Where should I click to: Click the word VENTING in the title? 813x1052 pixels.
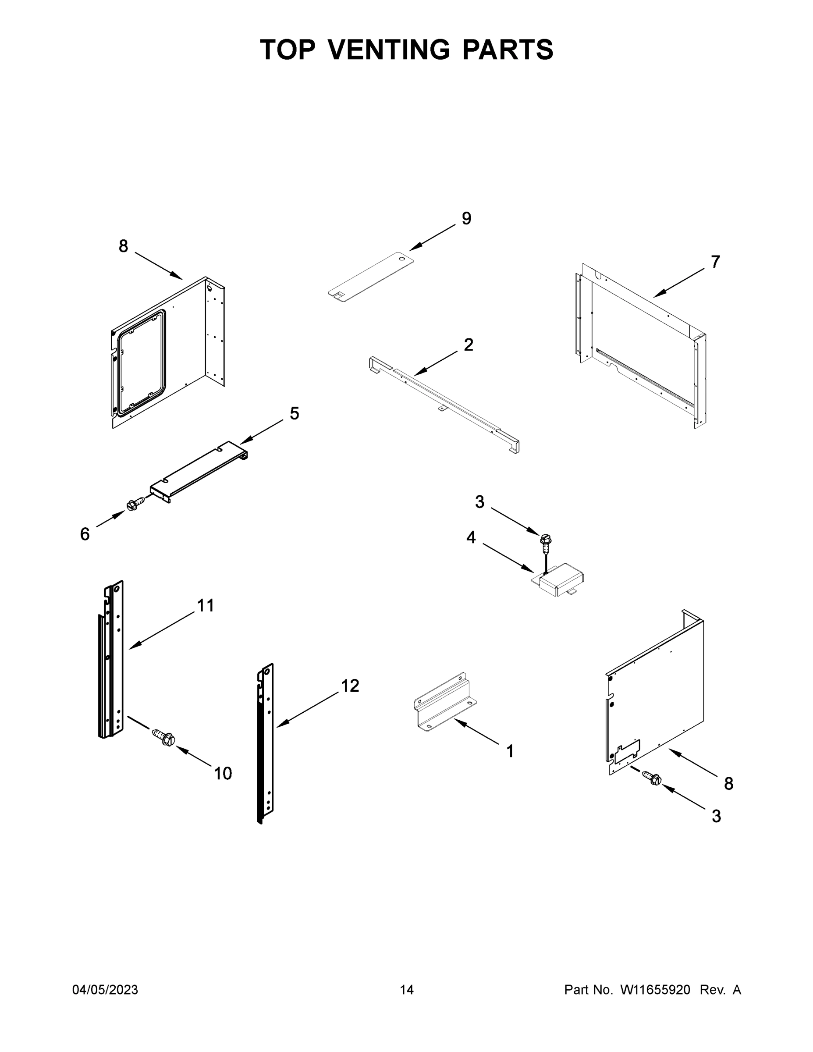coord(389,50)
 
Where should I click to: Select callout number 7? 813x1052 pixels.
coord(715,262)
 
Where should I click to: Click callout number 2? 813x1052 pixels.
coord(468,345)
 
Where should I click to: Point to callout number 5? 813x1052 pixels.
coord(294,413)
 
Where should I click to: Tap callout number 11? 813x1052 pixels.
coord(206,605)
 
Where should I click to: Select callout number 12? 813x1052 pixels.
coord(350,686)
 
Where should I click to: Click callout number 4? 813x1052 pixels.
coord(471,537)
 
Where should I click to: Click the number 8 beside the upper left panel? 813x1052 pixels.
coord(123,246)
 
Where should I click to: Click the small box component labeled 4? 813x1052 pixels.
coord(560,580)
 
